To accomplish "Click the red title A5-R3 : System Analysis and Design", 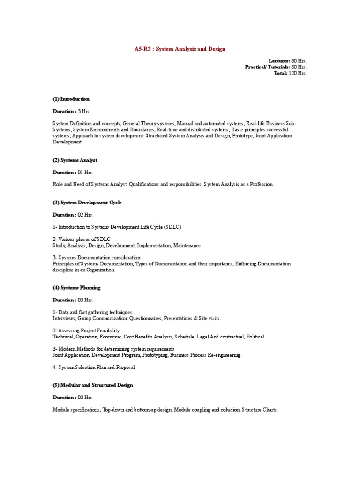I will [x=180, y=49].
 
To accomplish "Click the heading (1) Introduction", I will [x=71, y=99].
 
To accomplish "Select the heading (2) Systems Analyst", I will [x=75, y=160].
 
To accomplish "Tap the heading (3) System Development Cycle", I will [x=87, y=202].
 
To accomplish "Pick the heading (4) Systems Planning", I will [x=76, y=288].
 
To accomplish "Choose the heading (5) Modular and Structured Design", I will [x=93, y=385].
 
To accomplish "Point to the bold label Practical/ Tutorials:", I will [x=267, y=67].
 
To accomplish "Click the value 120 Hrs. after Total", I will [x=298, y=73].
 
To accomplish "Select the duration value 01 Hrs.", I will [x=86, y=172].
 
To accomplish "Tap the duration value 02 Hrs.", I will [x=86, y=215].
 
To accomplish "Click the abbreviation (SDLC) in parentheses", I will [x=172, y=227].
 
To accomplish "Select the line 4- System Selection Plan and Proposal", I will [x=94, y=367].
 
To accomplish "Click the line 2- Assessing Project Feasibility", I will [x=86, y=330].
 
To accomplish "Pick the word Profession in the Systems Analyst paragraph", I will [x=261, y=185].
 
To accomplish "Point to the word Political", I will [x=255, y=337].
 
